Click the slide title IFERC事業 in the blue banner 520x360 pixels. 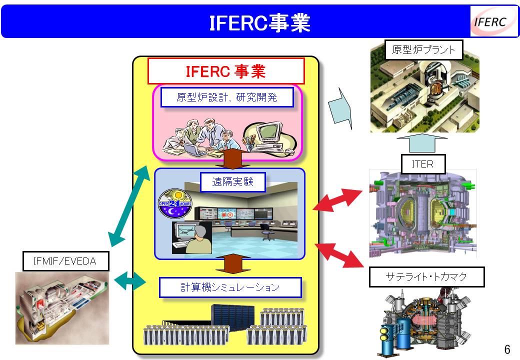click(259, 23)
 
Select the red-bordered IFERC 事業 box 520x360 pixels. click(226, 71)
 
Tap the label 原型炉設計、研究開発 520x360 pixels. click(227, 97)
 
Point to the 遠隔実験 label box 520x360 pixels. click(233, 181)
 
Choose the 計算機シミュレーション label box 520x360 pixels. click(230, 287)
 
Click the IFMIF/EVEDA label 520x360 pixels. click(65, 261)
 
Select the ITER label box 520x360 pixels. click(423, 164)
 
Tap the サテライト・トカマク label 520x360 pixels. click(426, 276)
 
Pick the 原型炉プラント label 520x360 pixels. click(423, 49)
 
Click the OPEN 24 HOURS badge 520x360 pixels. click(175, 203)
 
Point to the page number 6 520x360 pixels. click(507, 349)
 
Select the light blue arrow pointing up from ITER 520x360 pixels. click(422, 143)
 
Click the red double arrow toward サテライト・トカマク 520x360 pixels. click(339, 254)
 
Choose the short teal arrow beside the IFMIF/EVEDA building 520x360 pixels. click(129, 281)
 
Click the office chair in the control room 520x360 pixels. click(267, 231)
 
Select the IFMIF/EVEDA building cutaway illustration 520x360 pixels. click(62, 308)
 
